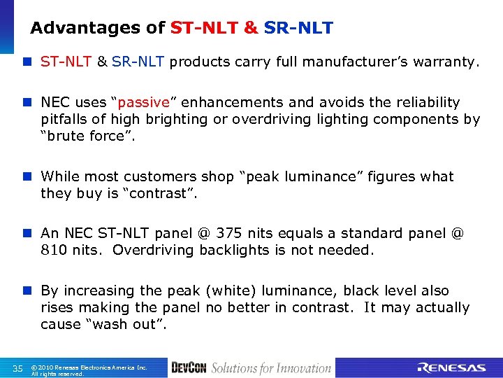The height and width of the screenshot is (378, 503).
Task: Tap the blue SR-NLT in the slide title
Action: tap(298, 29)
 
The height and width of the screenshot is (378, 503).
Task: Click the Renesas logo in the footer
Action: tap(451, 367)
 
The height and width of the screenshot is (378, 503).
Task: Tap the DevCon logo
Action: tap(189, 367)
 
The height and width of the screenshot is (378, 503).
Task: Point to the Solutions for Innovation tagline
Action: tap(271, 367)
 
